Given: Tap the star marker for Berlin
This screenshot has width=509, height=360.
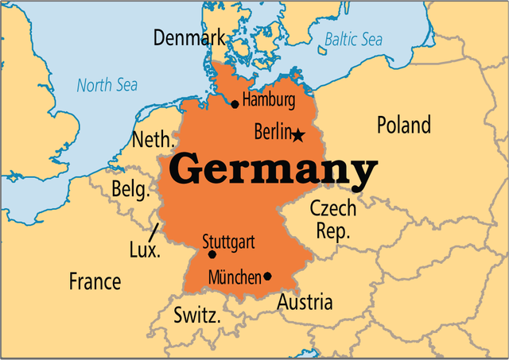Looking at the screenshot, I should click(x=298, y=136).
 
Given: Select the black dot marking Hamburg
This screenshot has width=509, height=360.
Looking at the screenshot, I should click(x=235, y=104).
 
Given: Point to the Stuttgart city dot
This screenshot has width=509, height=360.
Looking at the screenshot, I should click(x=212, y=254).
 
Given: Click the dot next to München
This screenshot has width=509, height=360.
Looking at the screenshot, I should click(x=267, y=277).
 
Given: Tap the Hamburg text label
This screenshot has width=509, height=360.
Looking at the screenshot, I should click(x=269, y=101).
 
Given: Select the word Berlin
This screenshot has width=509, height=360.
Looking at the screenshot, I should click(x=273, y=133).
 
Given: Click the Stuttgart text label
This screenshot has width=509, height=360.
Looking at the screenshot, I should click(x=228, y=241).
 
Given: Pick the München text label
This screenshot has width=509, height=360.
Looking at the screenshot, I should click(x=235, y=277).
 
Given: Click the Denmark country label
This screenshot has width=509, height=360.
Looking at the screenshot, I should click(x=189, y=37).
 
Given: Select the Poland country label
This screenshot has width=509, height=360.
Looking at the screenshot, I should click(x=403, y=125).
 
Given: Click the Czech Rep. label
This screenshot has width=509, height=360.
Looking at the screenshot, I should click(x=332, y=219).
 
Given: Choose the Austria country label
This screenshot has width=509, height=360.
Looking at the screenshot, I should click(x=305, y=303).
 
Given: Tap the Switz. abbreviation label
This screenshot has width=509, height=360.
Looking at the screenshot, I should click(x=197, y=315).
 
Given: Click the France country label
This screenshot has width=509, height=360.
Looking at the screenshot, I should click(x=95, y=281).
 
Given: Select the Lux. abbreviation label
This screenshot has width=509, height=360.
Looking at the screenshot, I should click(x=144, y=250).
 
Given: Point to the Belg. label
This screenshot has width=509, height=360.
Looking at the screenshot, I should click(x=130, y=190).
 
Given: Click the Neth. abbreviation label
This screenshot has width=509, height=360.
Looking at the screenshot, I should click(x=152, y=141).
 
